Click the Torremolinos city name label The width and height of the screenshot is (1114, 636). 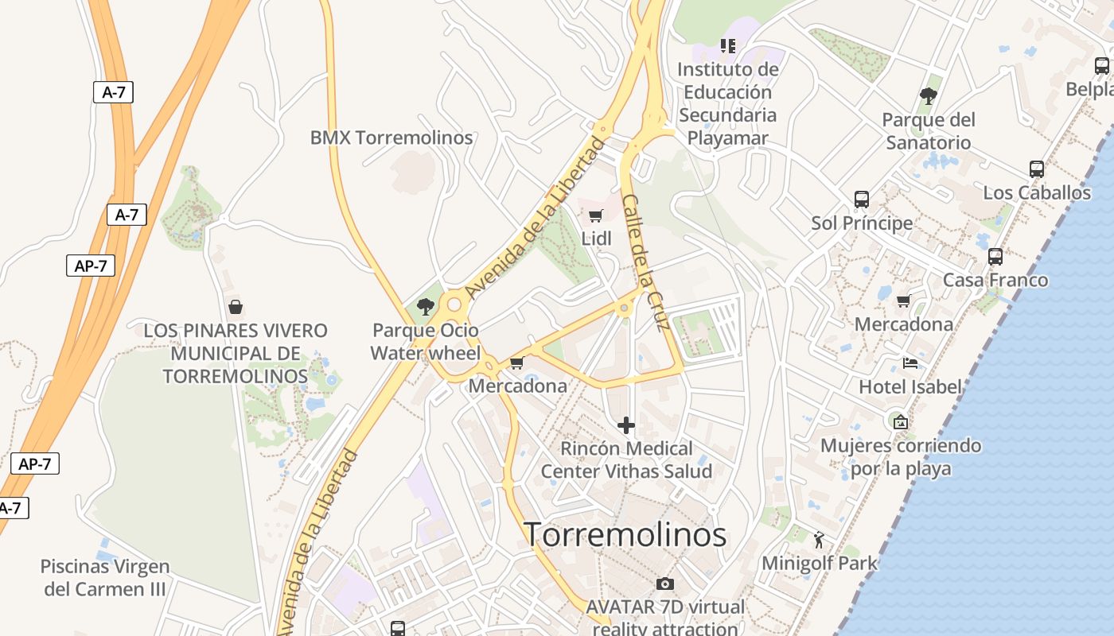(x=625, y=534)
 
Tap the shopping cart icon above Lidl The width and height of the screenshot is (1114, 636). (x=595, y=215)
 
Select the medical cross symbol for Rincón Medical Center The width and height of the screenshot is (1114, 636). (x=626, y=425)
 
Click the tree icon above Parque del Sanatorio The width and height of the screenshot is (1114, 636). (x=928, y=97)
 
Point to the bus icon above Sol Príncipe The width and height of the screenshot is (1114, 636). (x=861, y=200)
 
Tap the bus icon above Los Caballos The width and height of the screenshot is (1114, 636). (x=1036, y=169)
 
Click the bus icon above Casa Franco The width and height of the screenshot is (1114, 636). (x=995, y=257)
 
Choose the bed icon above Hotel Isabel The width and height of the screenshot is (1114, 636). (x=910, y=363)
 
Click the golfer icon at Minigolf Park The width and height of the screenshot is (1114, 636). (x=819, y=540)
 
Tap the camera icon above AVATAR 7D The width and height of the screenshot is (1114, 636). (x=665, y=584)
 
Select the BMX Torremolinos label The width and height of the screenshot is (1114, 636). (x=391, y=138)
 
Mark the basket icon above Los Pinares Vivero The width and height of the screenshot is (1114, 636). (x=235, y=307)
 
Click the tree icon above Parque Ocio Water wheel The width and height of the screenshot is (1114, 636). (x=426, y=306)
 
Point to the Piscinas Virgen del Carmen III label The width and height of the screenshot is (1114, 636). (x=105, y=578)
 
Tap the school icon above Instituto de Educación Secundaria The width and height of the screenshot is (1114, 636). (x=727, y=46)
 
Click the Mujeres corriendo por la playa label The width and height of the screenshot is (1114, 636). (x=901, y=456)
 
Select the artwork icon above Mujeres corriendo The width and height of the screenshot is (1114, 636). (x=900, y=422)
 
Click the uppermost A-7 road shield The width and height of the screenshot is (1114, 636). (x=114, y=92)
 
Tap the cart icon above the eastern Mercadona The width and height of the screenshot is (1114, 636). (x=903, y=301)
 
